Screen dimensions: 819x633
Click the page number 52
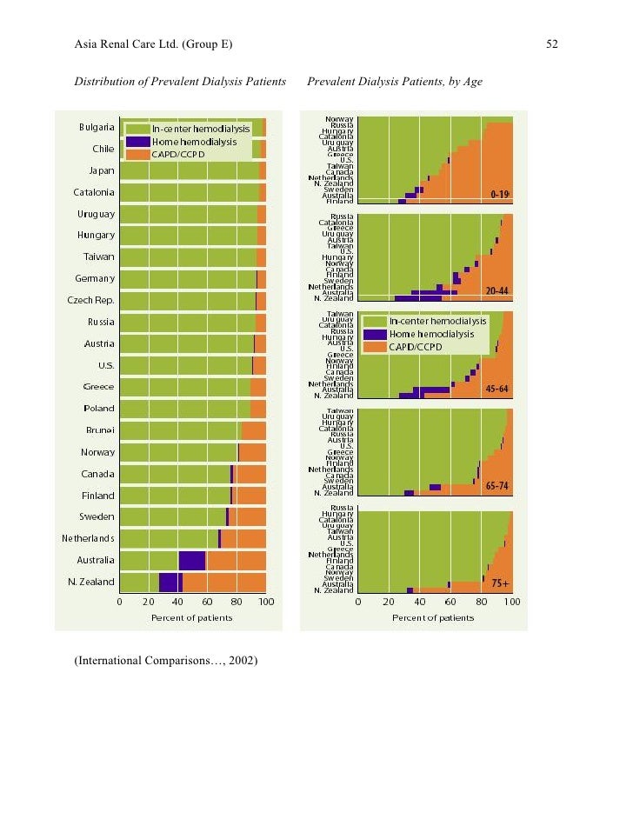coord(552,45)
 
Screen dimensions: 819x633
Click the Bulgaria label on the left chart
coord(97,127)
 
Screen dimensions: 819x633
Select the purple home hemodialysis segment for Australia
coord(192,560)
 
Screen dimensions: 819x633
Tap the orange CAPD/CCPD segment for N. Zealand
coord(224,582)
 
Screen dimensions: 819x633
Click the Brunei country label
coord(100,430)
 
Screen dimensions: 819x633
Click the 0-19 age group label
coord(499,194)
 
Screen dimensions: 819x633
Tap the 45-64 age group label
coord(497,389)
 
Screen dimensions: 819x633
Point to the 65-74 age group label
coord(497,486)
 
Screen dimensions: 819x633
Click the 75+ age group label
coord(500,583)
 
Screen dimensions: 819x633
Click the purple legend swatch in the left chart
coord(137,141)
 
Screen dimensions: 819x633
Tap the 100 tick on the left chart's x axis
coord(266,602)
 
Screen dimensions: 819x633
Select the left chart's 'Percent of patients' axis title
coord(192,618)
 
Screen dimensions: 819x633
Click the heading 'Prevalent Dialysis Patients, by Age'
coord(395,82)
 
